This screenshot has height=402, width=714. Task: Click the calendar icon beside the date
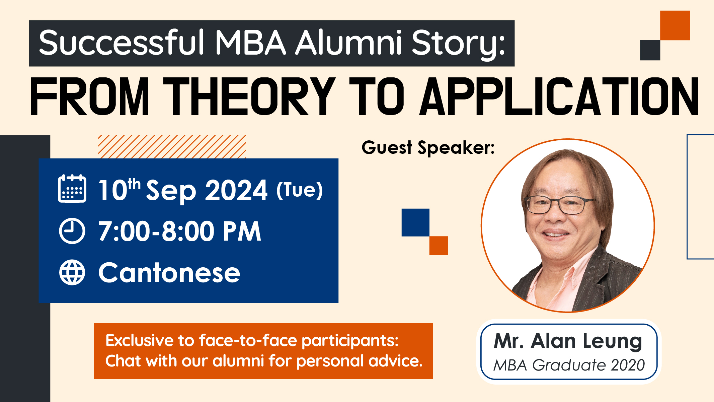pyautogui.click(x=72, y=188)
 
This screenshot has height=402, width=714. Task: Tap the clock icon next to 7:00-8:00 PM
pyautogui.click(x=72, y=231)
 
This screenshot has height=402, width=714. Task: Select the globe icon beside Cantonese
pyautogui.click(x=72, y=272)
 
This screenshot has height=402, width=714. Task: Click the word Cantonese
pyautogui.click(x=169, y=273)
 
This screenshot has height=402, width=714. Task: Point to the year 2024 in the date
pyautogui.click(x=236, y=190)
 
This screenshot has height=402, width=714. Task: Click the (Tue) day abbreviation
pyautogui.click(x=300, y=190)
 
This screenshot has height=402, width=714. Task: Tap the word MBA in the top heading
pyautogui.click(x=251, y=43)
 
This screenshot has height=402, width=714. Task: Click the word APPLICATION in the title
pyautogui.click(x=559, y=96)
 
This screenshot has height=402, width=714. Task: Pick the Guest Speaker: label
pyautogui.click(x=428, y=148)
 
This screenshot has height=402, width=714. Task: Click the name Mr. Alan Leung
pyautogui.click(x=568, y=341)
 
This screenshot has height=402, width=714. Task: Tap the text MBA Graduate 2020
pyautogui.click(x=569, y=365)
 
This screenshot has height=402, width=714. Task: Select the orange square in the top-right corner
pyautogui.click(x=675, y=25)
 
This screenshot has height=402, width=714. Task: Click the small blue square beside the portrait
pyautogui.click(x=415, y=222)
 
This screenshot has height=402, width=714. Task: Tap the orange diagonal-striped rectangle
pyautogui.click(x=172, y=147)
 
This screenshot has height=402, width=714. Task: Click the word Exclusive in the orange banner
pyautogui.click(x=140, y=341)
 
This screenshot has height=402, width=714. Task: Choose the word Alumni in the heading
pyautogui.click(x=348, y=43)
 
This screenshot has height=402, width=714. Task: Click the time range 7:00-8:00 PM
pyautogui.click(x=179, y=231)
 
